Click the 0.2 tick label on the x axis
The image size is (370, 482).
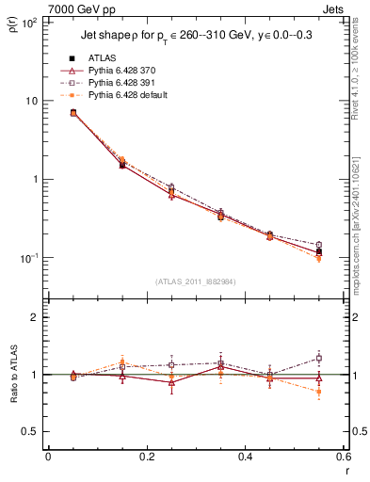(x=146, y=459)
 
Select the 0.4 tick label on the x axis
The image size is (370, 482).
(x=245, y=459)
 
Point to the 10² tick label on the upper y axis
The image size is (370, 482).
(x=29, y=22)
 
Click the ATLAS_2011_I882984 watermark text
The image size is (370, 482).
(x=196, y=281)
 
